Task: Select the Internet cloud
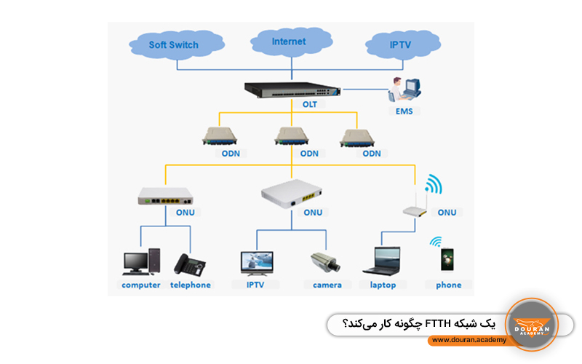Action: tap(289, 41)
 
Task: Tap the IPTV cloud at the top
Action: tap(400, 44)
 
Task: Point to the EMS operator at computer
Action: tap(404, 90)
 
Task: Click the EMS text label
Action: tap(404, 111)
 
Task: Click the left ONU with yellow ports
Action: tap(166, 196)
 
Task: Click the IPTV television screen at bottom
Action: tap(256, 263)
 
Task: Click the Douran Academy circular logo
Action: tap(531, 325)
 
